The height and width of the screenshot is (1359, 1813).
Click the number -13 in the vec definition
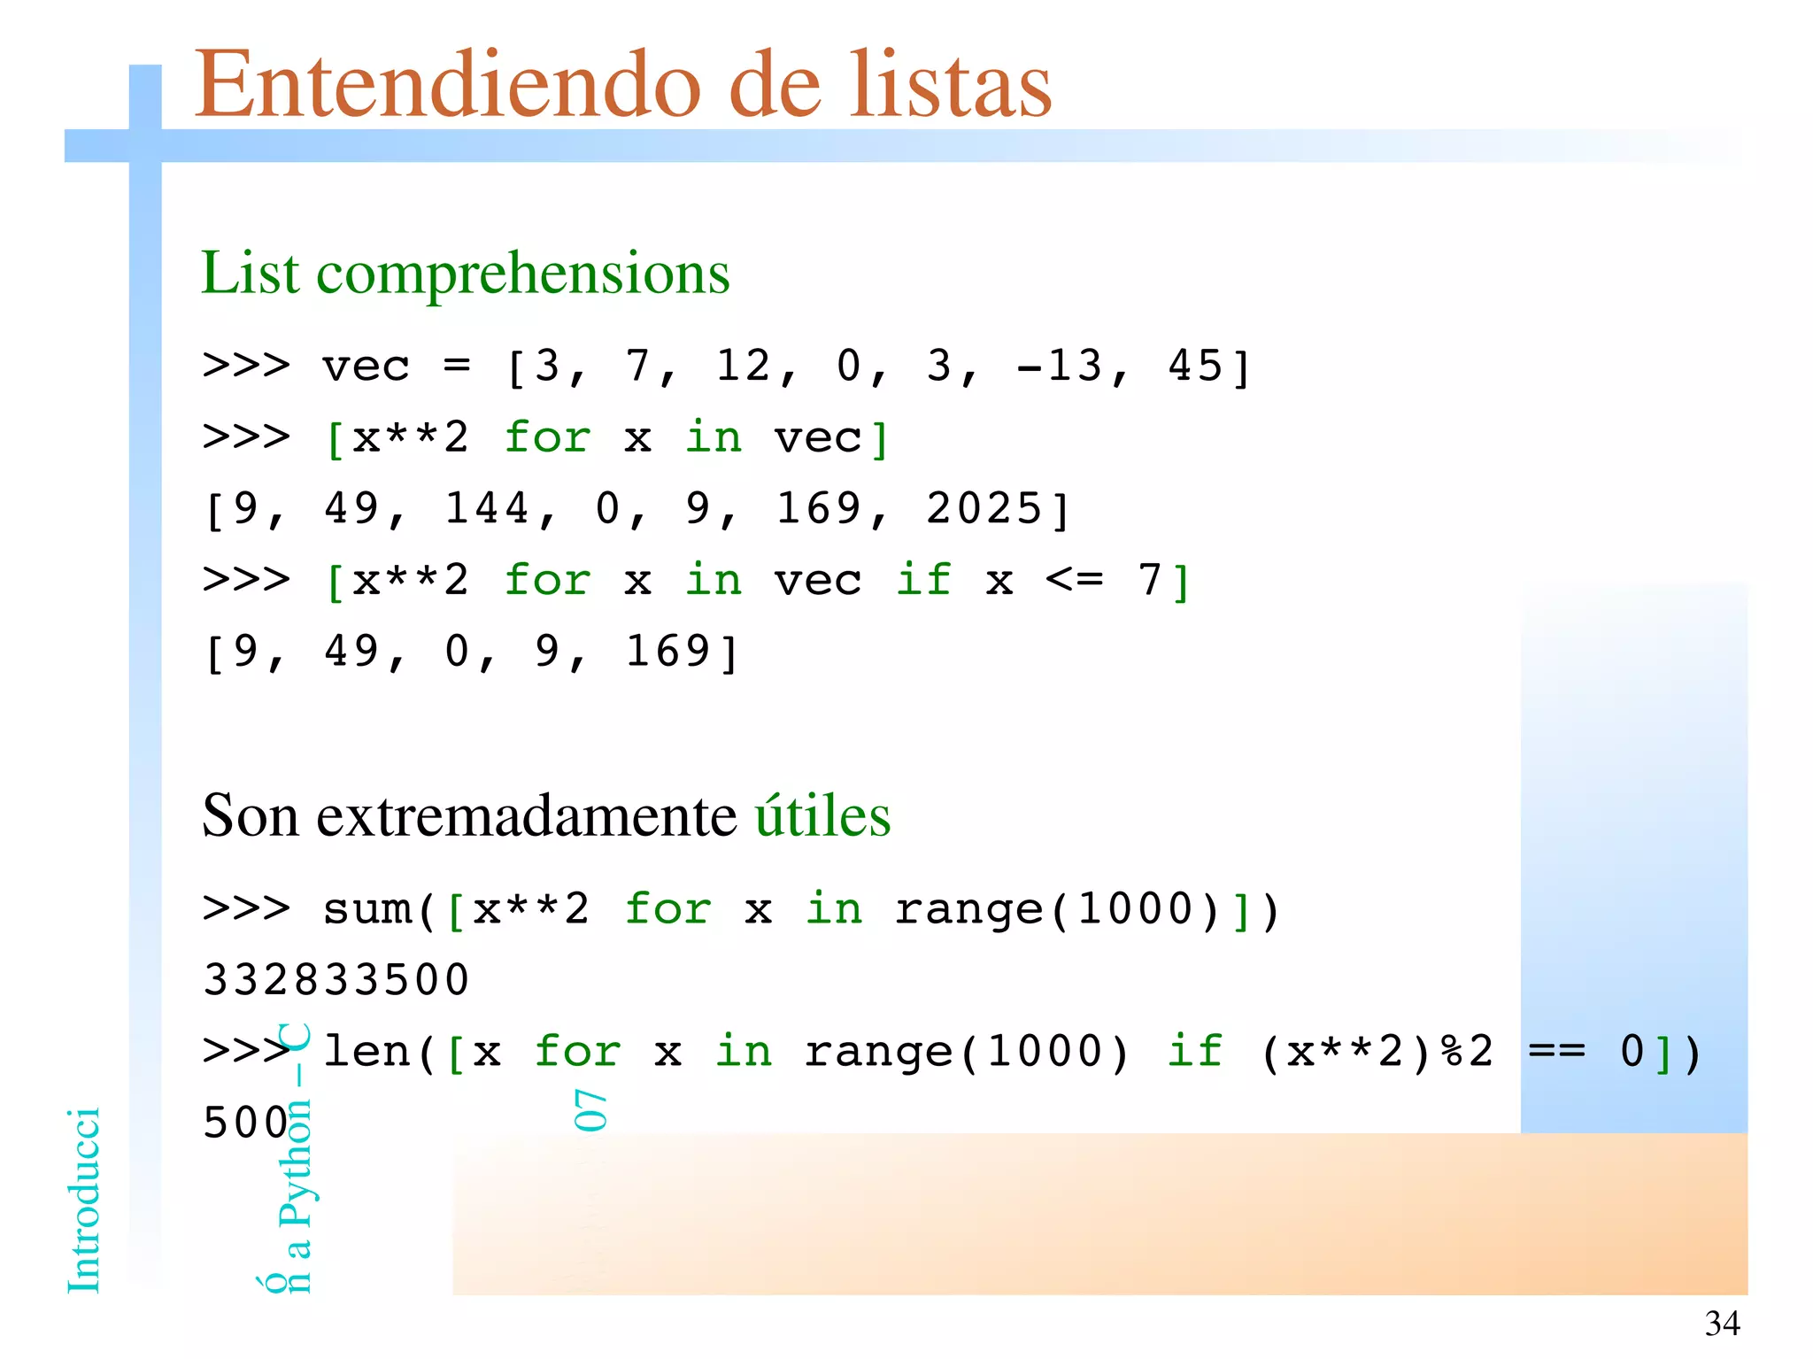point(1060,366)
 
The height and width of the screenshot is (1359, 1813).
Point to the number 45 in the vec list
point(1195,366)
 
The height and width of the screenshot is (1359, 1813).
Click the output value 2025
point(984,509)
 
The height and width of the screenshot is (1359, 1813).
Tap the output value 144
point(487,509)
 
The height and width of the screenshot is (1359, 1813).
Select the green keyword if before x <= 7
point(923,581)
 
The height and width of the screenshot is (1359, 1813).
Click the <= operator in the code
point(1075,581)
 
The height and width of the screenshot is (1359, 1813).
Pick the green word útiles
point(822,815)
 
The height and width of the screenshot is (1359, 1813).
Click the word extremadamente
point(527,815)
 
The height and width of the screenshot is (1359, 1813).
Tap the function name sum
point(366,910)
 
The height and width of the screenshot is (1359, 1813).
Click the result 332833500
point(336,981)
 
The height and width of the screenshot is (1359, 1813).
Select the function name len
point(366,1053)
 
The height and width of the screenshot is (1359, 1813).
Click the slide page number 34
point(1722,1324)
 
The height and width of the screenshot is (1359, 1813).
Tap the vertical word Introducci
point(84,1201)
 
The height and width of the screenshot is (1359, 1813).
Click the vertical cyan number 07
point(590,1110)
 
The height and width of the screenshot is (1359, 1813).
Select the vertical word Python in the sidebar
point(296,1163)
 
